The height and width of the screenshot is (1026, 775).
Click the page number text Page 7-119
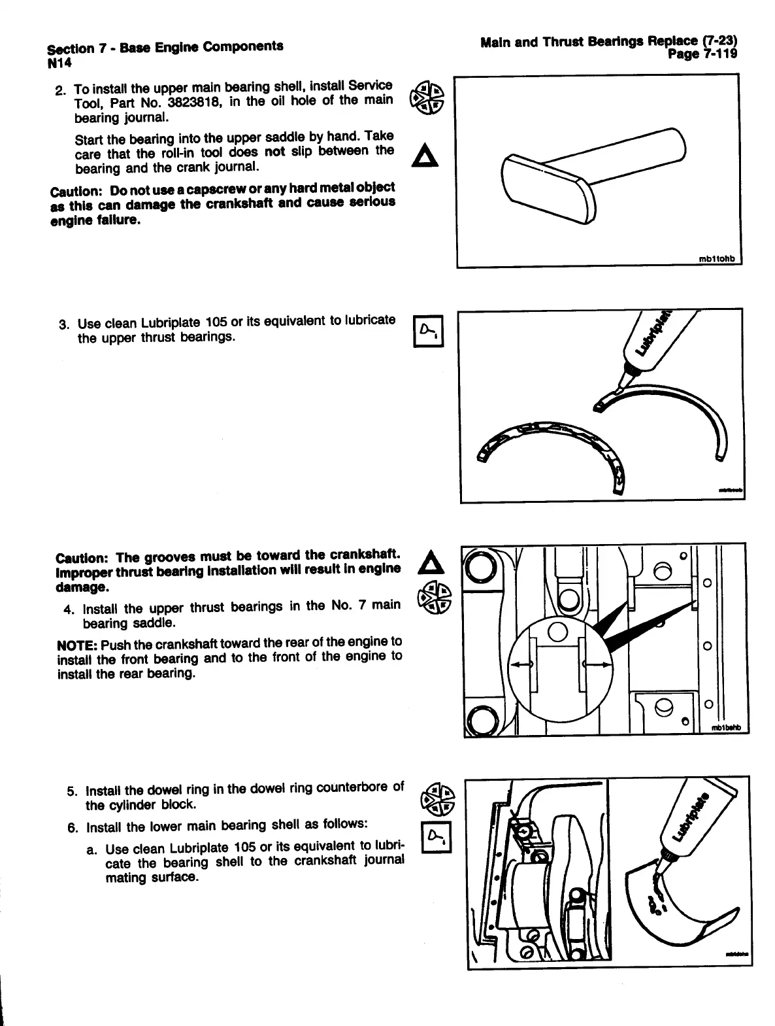click(x=702, y=55)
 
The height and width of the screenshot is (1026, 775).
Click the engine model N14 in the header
click(x=59, y=63)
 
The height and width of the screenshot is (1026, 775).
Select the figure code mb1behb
click(x=727, y=729)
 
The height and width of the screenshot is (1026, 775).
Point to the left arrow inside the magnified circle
click(x=521, y=664)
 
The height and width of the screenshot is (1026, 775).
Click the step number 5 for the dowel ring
click(x=72, y=791)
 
